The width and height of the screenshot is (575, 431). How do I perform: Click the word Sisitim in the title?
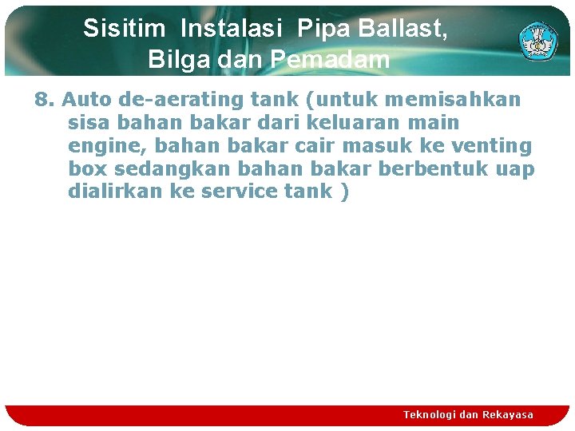[x=124, y=29]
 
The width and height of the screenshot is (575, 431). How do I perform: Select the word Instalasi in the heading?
[x=232, y=29]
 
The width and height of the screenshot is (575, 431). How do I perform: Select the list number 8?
[x=44, y=101]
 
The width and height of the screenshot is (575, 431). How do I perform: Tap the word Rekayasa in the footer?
[x=508, y=414]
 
